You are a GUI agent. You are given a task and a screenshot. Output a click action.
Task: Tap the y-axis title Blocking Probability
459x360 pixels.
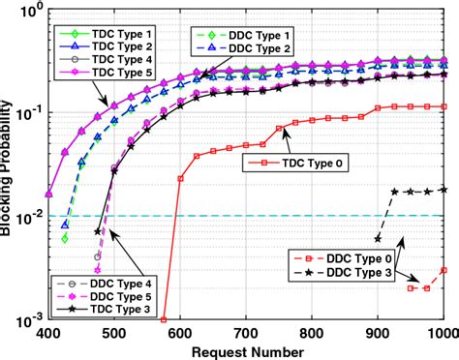point(9,163)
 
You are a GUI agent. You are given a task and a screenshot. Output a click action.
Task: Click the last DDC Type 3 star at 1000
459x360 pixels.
point(444,189)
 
